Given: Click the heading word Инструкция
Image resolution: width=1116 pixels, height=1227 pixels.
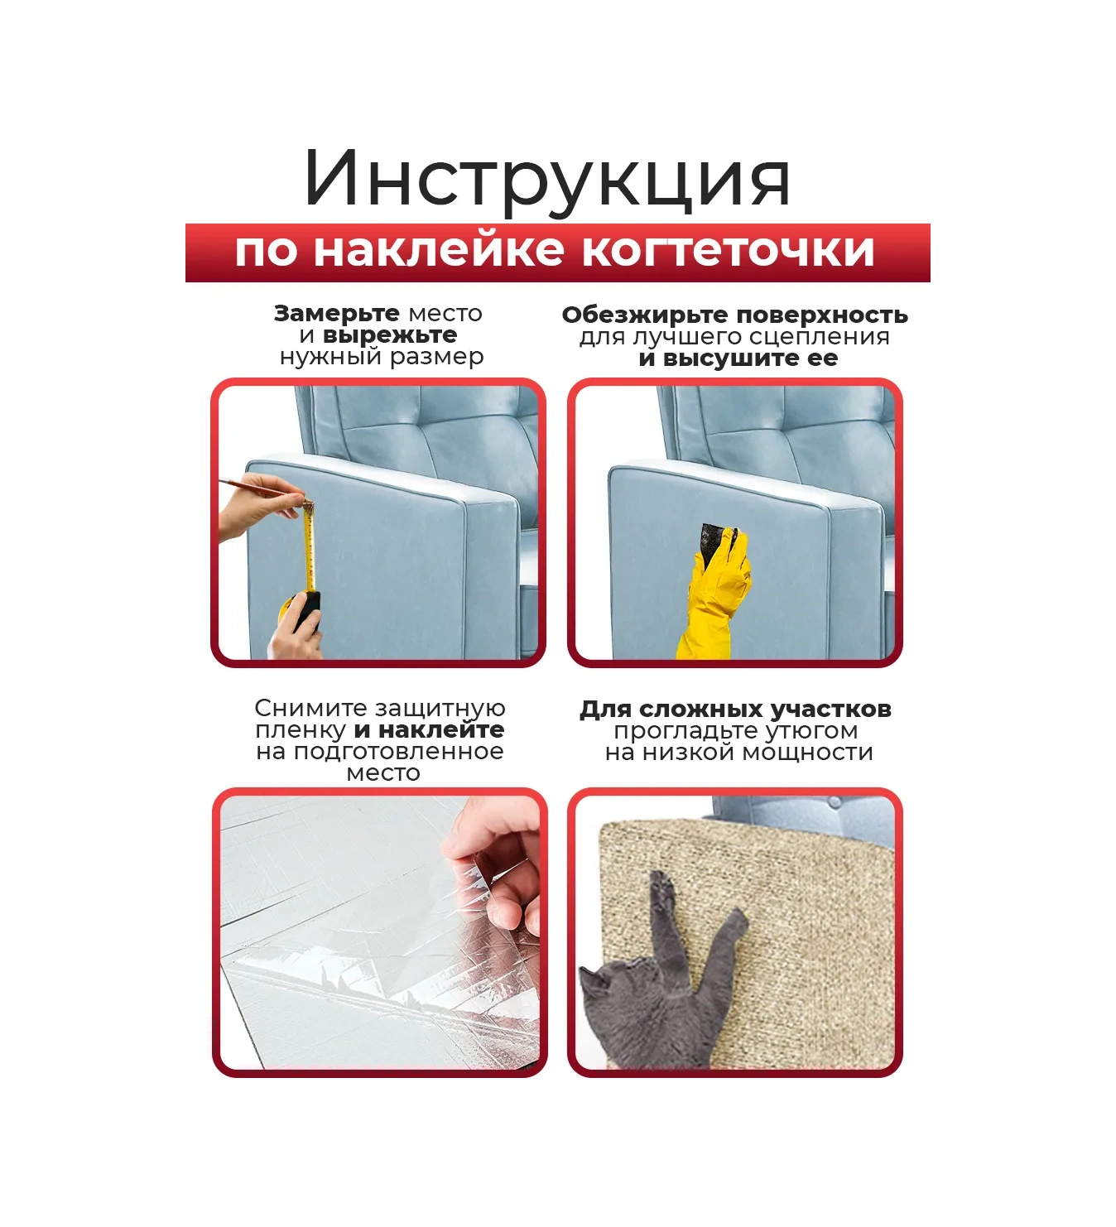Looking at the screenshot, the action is (547, 180).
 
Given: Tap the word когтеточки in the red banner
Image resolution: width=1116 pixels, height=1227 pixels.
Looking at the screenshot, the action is (728, 251).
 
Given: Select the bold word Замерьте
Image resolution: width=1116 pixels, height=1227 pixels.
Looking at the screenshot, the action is (336, 313).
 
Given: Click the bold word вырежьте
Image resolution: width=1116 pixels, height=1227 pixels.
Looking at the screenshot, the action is (390, 335).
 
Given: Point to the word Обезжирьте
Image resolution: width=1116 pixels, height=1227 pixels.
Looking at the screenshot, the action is (646, 315).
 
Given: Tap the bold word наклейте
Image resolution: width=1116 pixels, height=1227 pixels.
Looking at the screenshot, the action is (441, 729).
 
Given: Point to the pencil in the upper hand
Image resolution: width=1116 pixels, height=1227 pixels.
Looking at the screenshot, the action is (256, 486).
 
